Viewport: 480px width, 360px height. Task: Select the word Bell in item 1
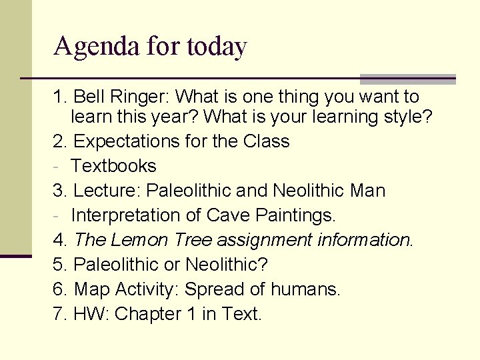(89, 97)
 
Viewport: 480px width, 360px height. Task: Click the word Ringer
(138, 97)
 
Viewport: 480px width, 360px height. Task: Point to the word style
(408, 117)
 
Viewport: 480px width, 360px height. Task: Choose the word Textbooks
(113, 166)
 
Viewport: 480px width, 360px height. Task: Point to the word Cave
(229, 215)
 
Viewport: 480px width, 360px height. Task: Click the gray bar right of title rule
(407, 79)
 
